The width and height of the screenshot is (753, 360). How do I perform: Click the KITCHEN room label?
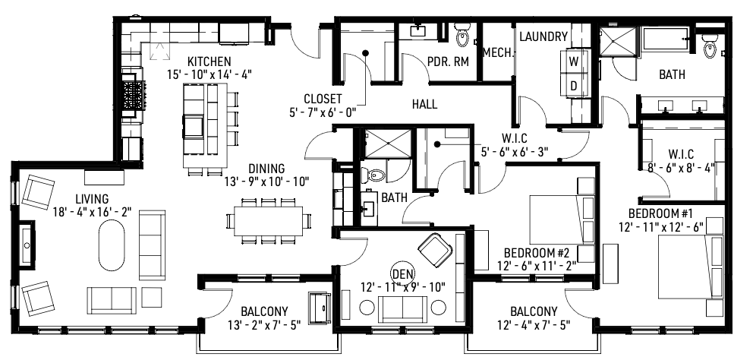(210, 61)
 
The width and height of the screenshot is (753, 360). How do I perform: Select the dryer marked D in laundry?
(574, 86)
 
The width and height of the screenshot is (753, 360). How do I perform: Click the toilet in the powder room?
(462, 35)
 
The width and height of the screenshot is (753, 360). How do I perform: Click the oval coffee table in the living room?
(112, 246)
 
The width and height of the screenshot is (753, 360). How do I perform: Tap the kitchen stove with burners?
(134, 96)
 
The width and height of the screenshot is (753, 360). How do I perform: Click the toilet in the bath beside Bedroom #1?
(710, 47)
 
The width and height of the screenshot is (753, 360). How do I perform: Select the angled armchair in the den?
(435, 248)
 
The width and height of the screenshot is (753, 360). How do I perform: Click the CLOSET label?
(323, 99)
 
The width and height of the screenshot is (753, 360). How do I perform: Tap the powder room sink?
(418, 31)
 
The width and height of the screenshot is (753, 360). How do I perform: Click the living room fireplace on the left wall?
(26, 245)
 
